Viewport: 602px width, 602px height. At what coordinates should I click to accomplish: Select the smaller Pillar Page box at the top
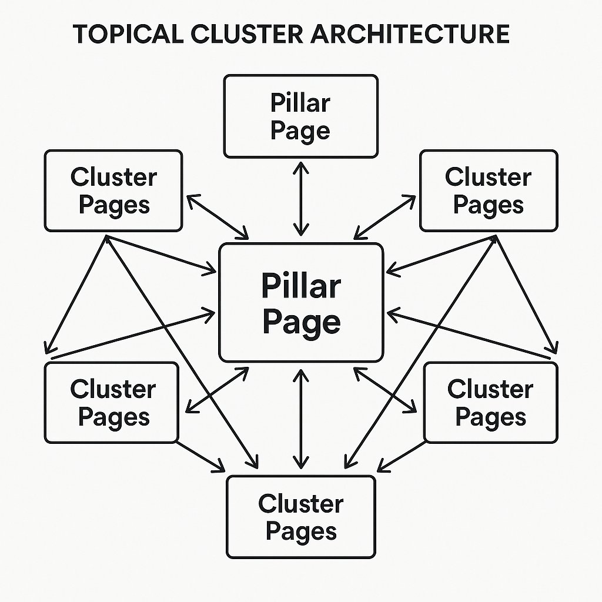click(300, 116)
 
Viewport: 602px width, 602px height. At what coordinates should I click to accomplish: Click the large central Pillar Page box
click(300, 303)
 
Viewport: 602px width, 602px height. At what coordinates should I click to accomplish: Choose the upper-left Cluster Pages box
click(113, 190)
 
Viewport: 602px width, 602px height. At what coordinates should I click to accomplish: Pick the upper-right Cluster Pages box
click(488, 190)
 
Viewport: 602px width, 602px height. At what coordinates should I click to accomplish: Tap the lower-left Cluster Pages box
click(112, 402)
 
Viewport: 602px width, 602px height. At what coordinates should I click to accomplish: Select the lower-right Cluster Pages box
click(490, 402)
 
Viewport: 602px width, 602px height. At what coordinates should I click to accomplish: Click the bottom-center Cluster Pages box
click(300, 516)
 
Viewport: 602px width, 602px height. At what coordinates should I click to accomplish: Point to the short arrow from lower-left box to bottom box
click(201, 457)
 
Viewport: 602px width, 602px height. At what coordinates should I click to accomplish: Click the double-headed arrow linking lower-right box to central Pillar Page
click(385, 388)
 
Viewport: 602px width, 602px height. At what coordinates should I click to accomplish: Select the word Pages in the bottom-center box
click(301, 530)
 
